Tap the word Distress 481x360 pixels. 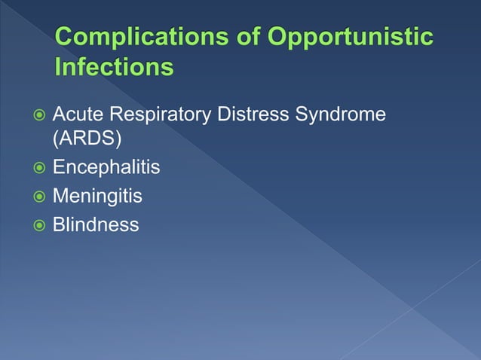[252, 115]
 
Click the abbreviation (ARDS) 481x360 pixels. [84, 141]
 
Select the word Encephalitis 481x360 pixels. [106, 168]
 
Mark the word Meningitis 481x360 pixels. [97, 196]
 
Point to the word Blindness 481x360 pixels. [96, 224]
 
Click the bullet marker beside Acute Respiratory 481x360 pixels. [37, 116]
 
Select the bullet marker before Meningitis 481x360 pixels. [37, 197]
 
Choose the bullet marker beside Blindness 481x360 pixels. [37, 224]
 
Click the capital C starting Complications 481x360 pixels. [65, 38]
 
